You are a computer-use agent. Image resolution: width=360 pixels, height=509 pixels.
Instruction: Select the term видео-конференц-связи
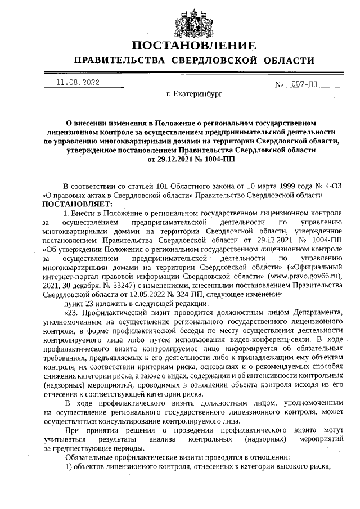point(270,339)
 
